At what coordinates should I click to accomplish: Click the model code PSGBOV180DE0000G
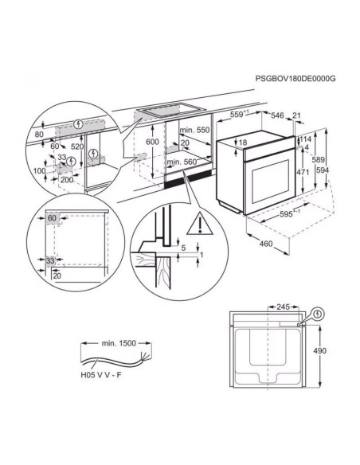click(x=295, y=79)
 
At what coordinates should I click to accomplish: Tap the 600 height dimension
click(x=152, y=142)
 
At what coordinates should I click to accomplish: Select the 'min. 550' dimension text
click(x=194, y=130)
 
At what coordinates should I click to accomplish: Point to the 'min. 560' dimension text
click(x=182, y=162)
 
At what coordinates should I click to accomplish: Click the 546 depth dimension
click(x=277, y=115)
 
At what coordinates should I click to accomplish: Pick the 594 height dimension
click(x=322, y=170)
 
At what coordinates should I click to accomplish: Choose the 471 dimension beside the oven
click(x=303, y=172)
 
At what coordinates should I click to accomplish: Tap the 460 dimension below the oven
click(x=266, y=244)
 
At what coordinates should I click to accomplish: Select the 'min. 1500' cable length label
click(x=119, y=343)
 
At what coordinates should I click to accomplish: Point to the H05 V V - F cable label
click(x=101, y=375)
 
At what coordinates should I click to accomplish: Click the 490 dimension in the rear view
click(x=319, y=351)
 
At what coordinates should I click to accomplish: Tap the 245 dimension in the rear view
click(x=284, y=307)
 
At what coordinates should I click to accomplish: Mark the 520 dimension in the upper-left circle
click(x=77, y=147)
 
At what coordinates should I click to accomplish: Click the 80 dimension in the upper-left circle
click(x=39, y=135)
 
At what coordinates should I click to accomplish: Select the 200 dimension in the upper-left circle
click(x=67, y=179)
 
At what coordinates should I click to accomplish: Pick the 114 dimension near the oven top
click(x=305, y=139)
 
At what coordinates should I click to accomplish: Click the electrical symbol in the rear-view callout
click(x=318, y=314)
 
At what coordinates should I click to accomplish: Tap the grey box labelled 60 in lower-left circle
click(x=53, y=218)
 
